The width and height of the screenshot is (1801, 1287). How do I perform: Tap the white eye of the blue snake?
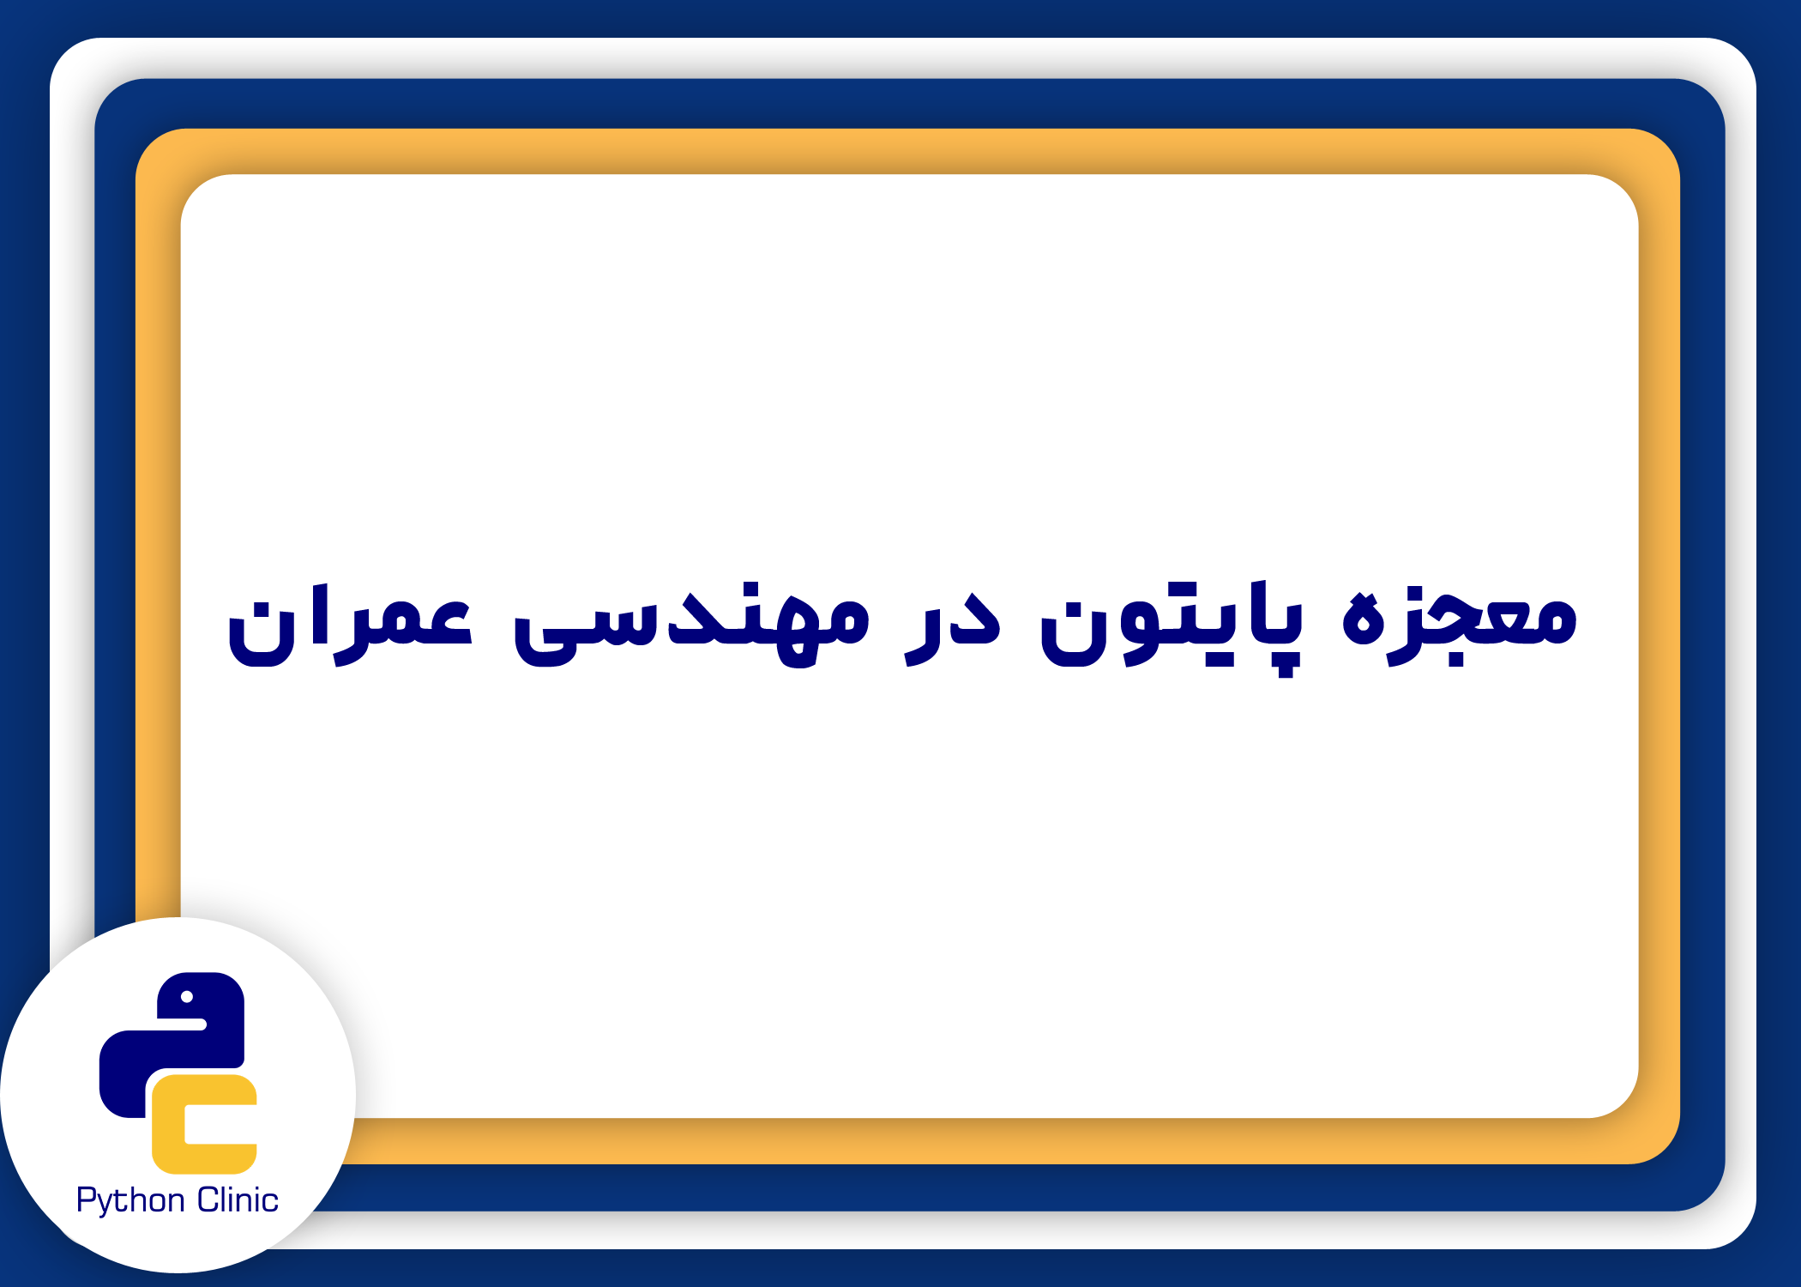point(187,997)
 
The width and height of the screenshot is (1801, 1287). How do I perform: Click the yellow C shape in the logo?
point(204,1124)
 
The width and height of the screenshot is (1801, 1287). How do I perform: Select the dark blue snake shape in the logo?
point(172,1045)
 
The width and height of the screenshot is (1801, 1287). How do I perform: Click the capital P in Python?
point(85,1199)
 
